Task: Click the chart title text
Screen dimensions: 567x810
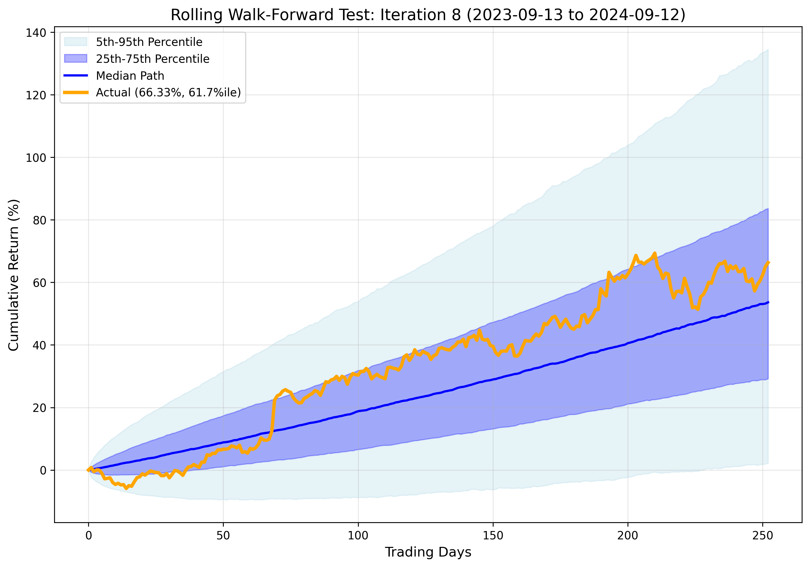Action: tap(428, 15)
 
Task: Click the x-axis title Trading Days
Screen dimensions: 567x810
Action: tap(428, 552)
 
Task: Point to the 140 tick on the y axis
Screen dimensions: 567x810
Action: tap(36, 33)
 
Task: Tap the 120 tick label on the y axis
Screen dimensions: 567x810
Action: tap(36, 95)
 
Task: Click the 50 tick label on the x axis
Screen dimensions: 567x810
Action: tap(223, 536)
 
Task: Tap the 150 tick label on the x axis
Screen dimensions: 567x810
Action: tap(492, 536)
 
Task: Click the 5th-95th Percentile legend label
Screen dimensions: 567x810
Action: tap(149, 42)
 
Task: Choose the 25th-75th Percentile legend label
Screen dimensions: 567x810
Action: tap(152, 59)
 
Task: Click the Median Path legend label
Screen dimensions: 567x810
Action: tap(130, 76)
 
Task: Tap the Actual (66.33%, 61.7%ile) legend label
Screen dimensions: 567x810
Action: tap(168, 92)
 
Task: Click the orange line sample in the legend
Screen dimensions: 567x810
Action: tap(76, 92)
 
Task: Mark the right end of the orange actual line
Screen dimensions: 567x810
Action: tap(768, 262)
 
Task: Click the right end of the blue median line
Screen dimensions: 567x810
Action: tap(768, 302)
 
